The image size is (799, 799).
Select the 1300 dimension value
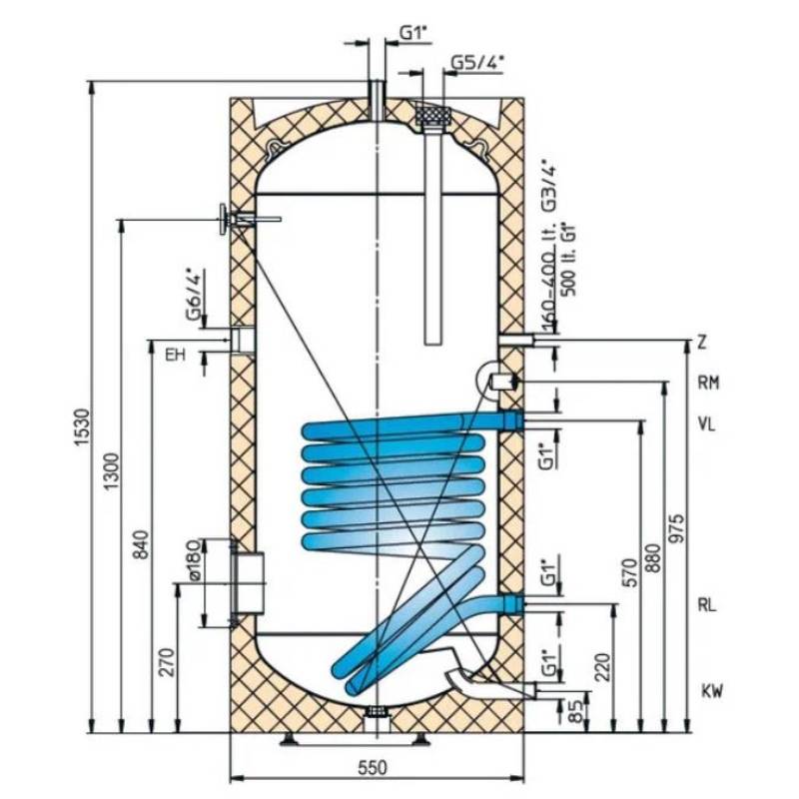click(113, 469)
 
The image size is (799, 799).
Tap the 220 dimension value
click(601, 667)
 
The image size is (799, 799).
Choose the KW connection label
click(711, 691)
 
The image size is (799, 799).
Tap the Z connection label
click(703, 343)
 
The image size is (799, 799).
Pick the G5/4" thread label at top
click(477, 62)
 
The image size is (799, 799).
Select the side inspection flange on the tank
click(248, 580)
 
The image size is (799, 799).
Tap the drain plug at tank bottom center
click(377, 711)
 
